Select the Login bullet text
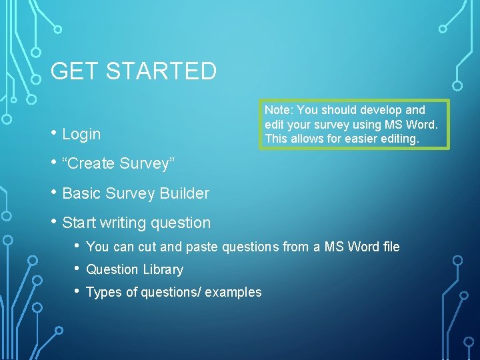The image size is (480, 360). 81,134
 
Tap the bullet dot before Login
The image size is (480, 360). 53,133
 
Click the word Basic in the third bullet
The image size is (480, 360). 81,193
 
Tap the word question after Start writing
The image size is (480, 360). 181,223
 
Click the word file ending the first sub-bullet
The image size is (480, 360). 391,247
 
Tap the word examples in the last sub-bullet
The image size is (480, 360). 233,292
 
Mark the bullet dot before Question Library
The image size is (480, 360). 78,269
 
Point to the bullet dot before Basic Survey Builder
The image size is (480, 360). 53,193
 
